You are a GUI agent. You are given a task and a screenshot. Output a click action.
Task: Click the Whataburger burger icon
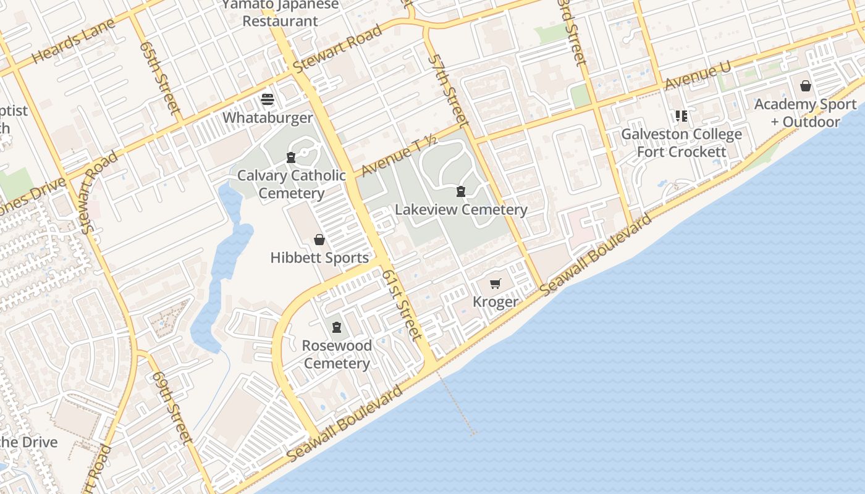(268, 99)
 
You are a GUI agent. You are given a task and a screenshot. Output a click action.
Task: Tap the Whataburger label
(268, 117)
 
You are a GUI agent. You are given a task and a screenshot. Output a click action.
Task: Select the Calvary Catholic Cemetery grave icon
(291, 157)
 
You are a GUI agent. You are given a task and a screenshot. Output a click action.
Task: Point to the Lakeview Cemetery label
(461, 209)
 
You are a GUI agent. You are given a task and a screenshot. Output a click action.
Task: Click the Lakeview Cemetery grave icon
(461, 191)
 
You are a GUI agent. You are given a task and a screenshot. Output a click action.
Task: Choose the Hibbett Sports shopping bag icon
(319, 240)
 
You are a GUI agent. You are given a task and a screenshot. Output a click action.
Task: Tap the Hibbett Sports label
(319, 257)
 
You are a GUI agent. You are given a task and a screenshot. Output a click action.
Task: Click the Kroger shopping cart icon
(495, 283)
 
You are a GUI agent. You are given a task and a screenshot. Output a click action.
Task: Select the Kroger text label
(495, 301)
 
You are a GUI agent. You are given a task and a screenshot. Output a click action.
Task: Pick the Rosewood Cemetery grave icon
(337, 327)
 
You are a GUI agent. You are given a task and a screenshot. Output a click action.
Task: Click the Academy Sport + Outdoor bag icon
(806, 86)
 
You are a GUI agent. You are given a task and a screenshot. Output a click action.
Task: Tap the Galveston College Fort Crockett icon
(681, 115)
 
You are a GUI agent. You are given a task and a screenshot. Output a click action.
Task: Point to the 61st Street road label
(402, 304)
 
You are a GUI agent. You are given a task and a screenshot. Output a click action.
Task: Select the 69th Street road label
(170, 407)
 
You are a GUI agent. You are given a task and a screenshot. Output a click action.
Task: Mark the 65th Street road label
(160, 78)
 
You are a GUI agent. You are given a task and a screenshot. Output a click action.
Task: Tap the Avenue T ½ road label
(400, 156)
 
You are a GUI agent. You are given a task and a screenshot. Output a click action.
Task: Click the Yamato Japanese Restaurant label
(281, 12)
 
